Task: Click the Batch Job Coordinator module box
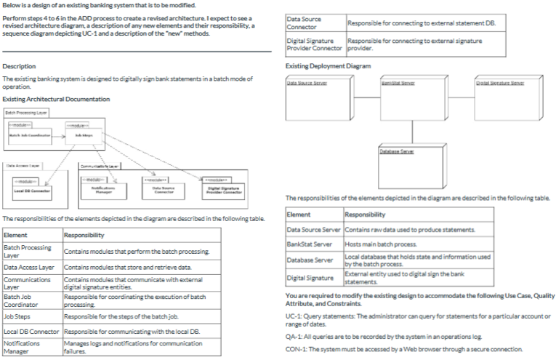coord(30,133)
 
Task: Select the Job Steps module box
coord(82,133)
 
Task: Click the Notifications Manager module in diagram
coord(105,188)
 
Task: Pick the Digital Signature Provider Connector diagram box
coord(225,188)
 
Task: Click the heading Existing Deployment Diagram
coord(328,66)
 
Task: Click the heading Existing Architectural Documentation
coord(56,99)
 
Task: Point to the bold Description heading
coord(19,66)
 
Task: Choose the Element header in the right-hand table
coord(299,215)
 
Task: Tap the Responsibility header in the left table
coord(84,235)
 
